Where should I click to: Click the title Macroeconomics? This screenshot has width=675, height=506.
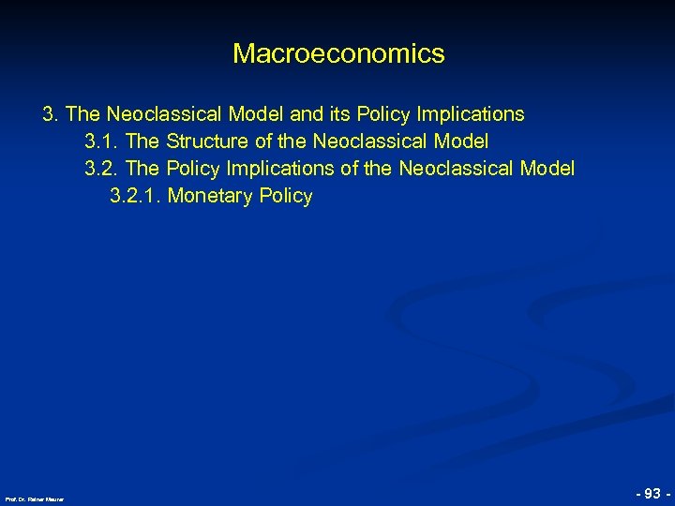(x=338, y=54)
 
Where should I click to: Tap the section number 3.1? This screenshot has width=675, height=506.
(x=101, y=141)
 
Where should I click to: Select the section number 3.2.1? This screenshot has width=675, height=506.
(x=135, y=197)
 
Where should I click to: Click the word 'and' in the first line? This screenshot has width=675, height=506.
(x=307, y=114)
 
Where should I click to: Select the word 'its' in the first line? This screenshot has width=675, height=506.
(x=340, y=114)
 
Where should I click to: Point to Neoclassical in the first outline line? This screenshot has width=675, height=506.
(x=163, y=114)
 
